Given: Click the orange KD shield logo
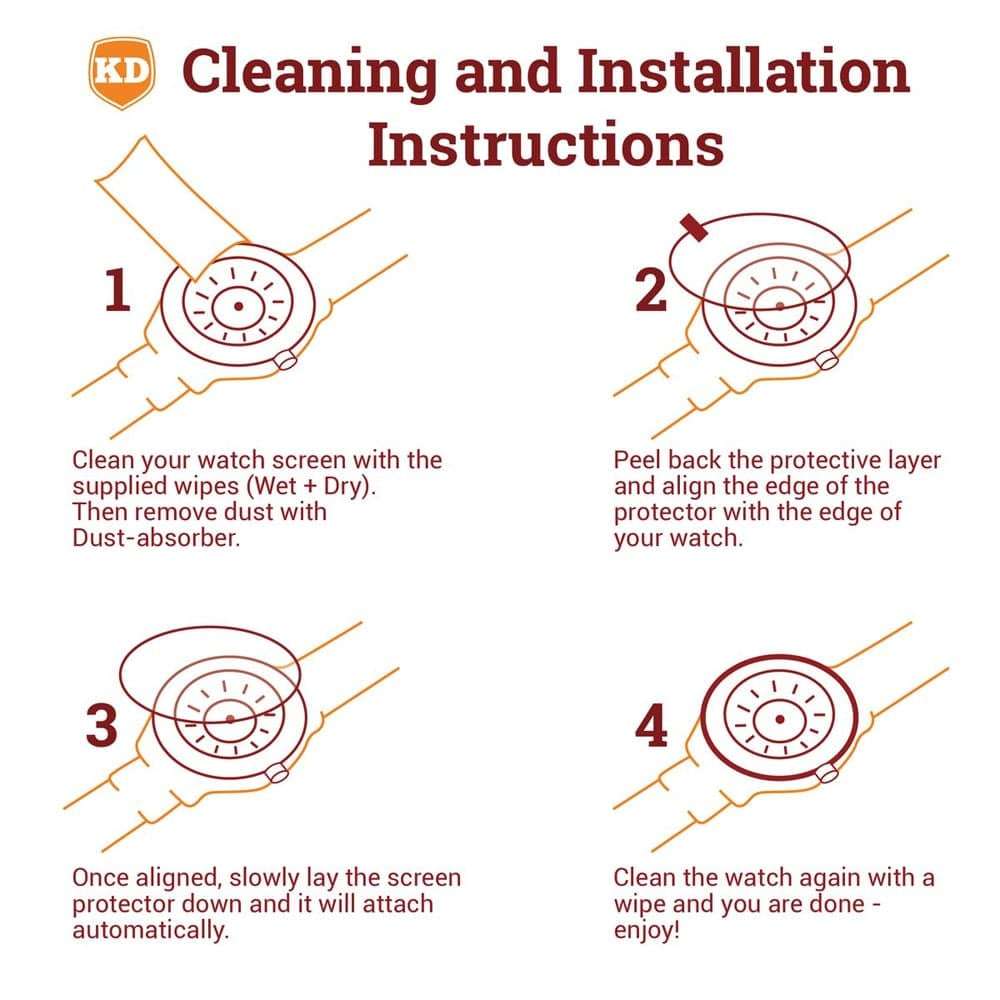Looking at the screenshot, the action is click(121, 72).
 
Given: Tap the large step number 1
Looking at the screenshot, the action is click(118, 290).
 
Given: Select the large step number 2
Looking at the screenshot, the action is click(651, 290).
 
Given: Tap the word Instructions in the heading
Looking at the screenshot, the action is click(546, 145).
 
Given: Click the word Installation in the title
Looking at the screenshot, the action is click(744, 70).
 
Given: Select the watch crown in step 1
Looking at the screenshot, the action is click(285, 360).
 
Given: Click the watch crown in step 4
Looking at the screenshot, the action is click(827, 773).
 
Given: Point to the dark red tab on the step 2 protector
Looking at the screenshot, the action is click(694, 228).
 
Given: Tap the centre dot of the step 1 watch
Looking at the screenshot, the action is click(239, 307).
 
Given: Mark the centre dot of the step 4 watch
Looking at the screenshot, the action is click(780, 719).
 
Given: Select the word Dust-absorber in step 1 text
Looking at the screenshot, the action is click(156, 538).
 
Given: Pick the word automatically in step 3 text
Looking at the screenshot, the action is click(150, 930).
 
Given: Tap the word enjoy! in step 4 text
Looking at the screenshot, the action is click(647, 930).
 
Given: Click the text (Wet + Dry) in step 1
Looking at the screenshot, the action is click(311, 487).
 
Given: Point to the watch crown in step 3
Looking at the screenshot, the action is click(277, 773).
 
